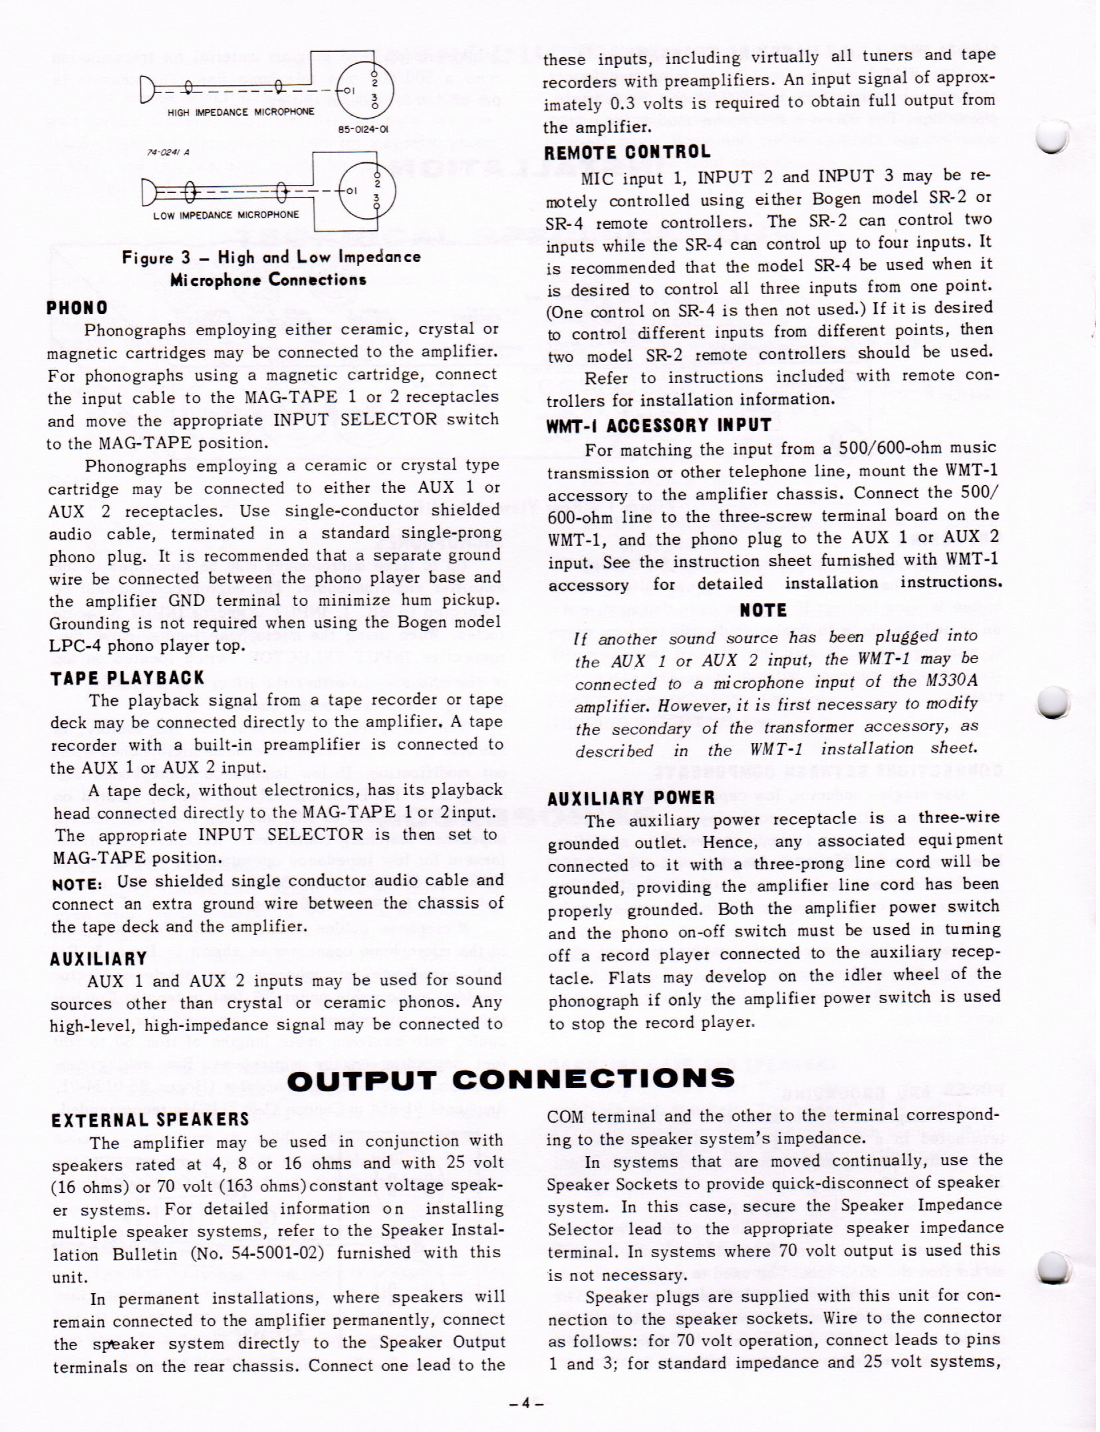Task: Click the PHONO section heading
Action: pyautogui.click(x=77, y=308)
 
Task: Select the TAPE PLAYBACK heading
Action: pyautogui.click(x=127, y=678)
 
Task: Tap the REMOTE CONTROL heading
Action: pyautogui.click(x=627, y=152)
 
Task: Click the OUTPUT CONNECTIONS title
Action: pyautogui.click(x=511, y=1079)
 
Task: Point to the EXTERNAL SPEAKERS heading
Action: pyautogui.click(x=150, y=1120)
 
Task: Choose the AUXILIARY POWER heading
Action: pyautogui.click(x=630, y=798)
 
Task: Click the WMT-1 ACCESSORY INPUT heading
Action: pyautogui.click(x=658, y=426)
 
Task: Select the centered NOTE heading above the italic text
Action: pyautogui.click(x=763, y=610)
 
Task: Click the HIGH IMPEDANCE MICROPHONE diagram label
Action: pyautogui.click(x=241, y=112)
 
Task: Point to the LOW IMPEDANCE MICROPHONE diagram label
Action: pyautogui.click(x=226, y=215)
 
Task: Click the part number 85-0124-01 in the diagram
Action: pyautogui.click(x=364, y=130)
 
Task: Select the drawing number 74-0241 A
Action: pyautogui.click(x=168, y=152)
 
